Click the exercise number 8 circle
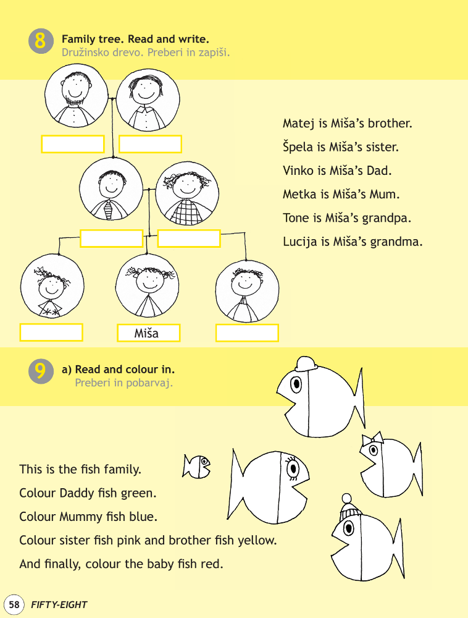41,41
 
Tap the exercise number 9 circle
41,371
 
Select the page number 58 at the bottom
14,604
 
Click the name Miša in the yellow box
146,334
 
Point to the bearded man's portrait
76,96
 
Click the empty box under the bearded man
73,144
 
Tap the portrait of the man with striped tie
111,189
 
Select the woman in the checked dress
187,193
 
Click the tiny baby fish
196,466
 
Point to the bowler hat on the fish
306,364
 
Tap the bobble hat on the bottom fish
348,507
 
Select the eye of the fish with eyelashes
293,468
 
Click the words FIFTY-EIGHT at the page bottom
59,604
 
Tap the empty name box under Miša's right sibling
247,333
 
